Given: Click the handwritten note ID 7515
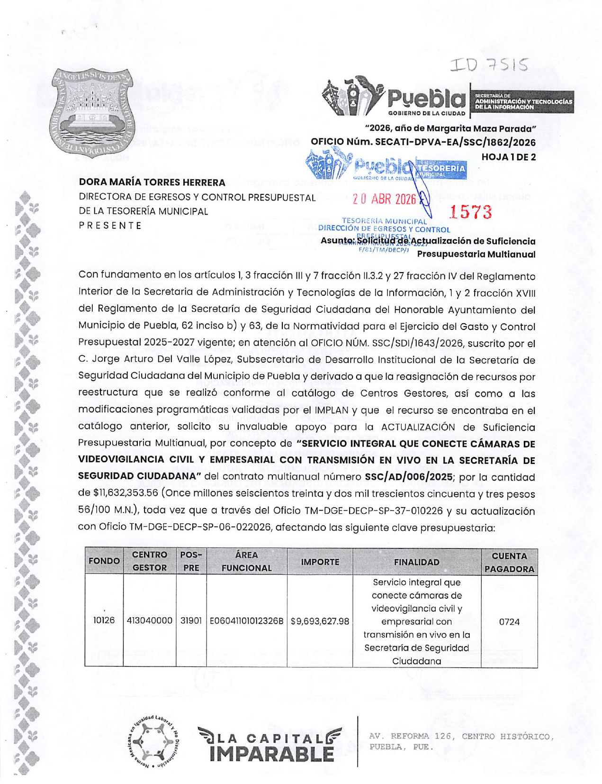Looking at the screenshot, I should tap(489, 65).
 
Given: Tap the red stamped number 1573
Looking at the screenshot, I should tap(470, 212).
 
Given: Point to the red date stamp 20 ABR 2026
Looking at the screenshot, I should tap(384, 199).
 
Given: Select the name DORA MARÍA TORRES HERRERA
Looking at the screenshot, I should tap(152, 182).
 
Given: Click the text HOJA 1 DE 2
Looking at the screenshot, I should tap(508, 157).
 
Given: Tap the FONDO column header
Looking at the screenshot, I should tap(104, 561).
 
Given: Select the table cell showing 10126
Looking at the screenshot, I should tap(104, 620).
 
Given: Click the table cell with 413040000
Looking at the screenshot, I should tap(150, 620).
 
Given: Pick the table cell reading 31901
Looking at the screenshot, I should tap(191, 620).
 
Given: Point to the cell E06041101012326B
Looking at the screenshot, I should tap(246, 620).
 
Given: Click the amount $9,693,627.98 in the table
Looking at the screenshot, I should tap(320, 621).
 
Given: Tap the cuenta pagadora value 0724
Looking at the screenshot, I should tap(509, 621).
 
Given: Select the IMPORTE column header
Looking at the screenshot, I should tap(320, 562).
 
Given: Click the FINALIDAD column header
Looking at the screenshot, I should tap(417, 562).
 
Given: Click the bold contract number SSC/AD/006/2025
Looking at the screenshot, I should tap(409, 477).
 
